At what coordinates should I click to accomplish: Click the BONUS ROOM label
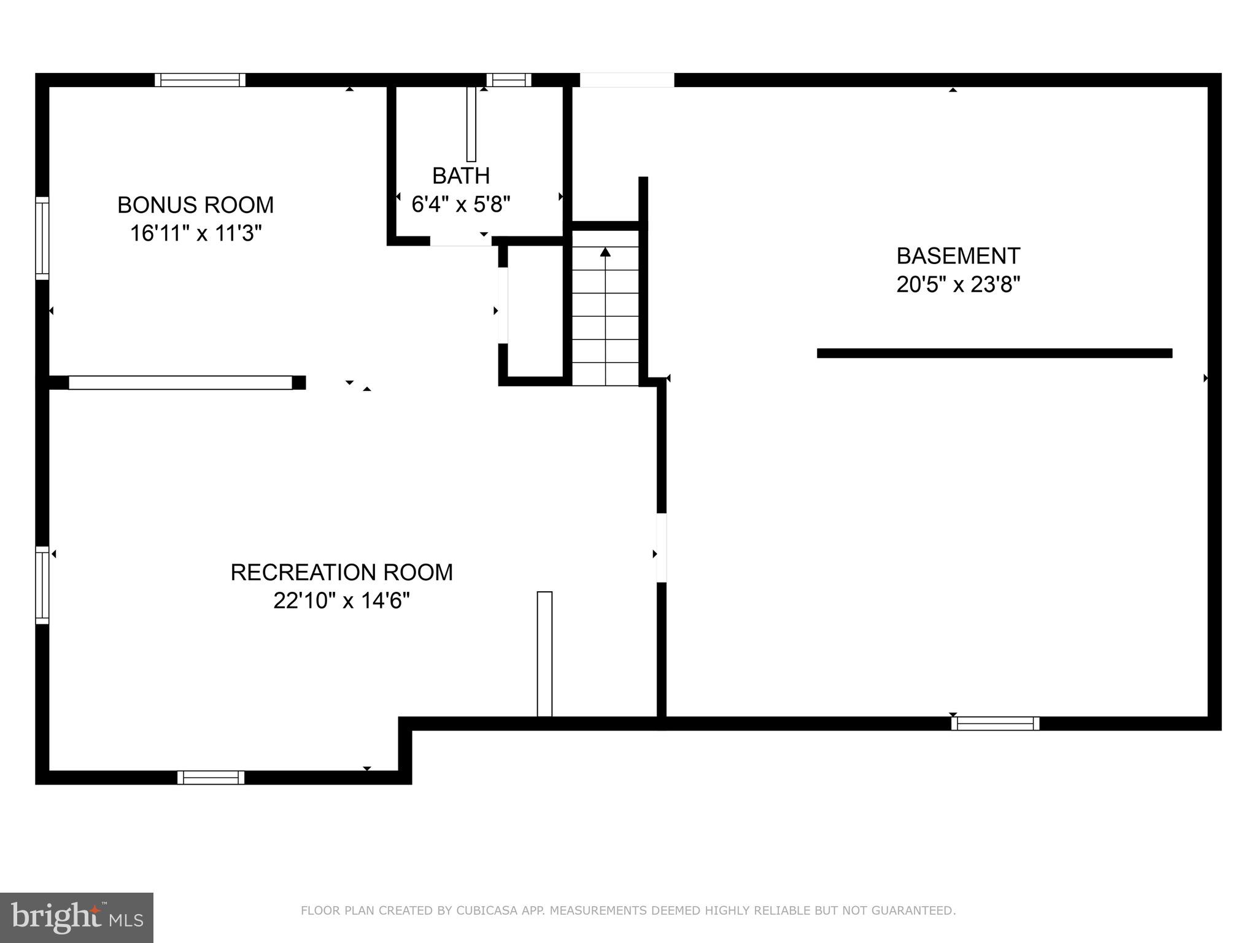coord(195,205)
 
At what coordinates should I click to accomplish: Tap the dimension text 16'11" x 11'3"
coord(195,234)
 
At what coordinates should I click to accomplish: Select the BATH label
coord(460,176)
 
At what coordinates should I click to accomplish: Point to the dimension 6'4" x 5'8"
coord(460,204)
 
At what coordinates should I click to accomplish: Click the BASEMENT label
coord(957,256)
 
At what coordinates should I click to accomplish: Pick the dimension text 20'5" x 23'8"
coord(957,285)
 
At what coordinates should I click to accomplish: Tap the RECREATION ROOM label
coord(341,572)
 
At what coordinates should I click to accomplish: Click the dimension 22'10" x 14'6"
coord(341,600)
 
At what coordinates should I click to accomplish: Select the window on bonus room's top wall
coord(199,80)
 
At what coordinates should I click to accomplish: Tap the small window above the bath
coord(509,80)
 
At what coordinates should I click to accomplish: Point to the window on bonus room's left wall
coord(42,238)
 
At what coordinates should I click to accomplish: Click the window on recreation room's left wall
coord(42,585)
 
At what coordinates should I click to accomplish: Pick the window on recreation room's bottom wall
coord(211,777)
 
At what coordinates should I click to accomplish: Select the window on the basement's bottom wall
coord(995,724)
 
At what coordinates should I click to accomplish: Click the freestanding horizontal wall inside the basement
coord(994,353)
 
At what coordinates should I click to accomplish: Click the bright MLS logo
coord(77,918)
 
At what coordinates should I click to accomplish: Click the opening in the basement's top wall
coord(627,80)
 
